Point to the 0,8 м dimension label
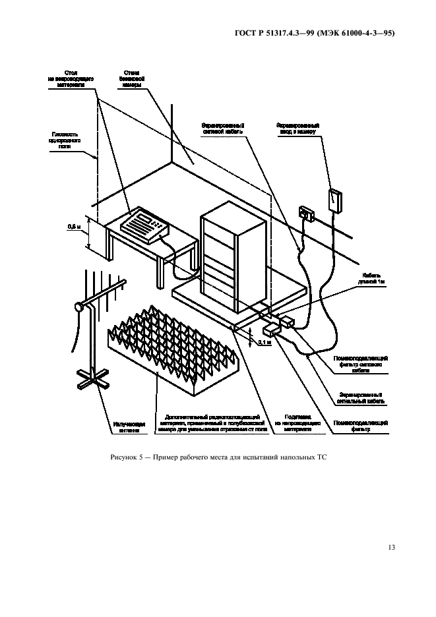(x=74, y=227)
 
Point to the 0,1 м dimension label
(x=263, y=343)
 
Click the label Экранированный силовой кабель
(x=224, y=127)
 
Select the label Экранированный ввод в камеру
(x=298, y=128)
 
